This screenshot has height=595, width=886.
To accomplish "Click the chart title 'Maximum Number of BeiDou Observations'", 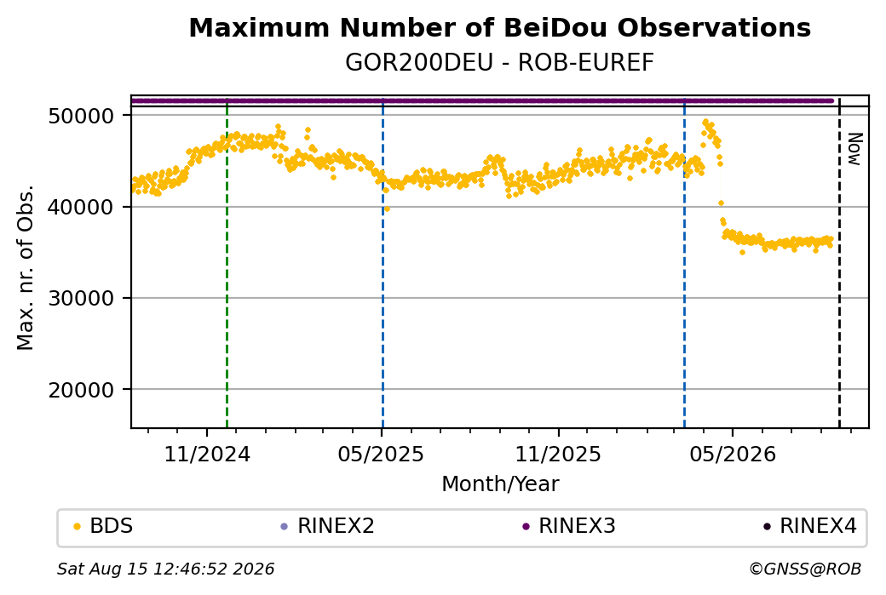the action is click(499, 27).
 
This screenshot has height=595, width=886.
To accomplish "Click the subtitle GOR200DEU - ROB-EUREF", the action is click(499, 63).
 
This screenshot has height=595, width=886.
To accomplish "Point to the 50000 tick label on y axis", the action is click(82, 117).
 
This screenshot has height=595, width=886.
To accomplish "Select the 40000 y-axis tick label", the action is click(82, 207).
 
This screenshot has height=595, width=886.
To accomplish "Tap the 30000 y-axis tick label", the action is click(82, 299).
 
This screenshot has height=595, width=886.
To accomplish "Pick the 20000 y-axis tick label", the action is click(82, 390).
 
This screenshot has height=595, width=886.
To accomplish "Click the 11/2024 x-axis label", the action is click(207, 455).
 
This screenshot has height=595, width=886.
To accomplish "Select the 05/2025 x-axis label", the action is click(381, 455).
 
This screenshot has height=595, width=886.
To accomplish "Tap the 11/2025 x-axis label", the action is click(558, 455).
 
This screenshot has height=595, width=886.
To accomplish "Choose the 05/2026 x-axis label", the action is click(733, 455).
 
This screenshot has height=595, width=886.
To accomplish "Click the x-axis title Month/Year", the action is click(500, 484).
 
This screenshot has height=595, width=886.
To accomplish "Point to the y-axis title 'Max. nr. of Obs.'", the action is click(26, 267).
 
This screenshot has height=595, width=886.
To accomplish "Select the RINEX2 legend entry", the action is click(328, 526).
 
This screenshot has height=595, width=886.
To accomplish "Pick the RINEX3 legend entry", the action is click(569, 526).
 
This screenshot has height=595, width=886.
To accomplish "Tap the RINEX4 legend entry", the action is click(810, 526).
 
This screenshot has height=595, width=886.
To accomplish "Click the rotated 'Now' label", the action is click(855, 149).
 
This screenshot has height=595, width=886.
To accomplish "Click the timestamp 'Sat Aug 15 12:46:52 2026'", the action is click(165, 569).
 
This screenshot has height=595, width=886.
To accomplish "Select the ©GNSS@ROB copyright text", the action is click(806, 569).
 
